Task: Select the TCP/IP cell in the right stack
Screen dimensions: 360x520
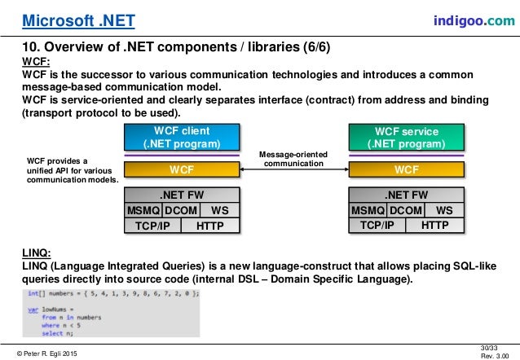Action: (x=377, y=225)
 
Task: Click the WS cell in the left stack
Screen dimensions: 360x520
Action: (x=218, y=210)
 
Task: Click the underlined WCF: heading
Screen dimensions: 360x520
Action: (x=33, y=60)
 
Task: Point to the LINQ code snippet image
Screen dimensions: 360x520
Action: (x=109, y=313)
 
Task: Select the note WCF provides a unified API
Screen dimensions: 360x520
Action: (x=68, y=169)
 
